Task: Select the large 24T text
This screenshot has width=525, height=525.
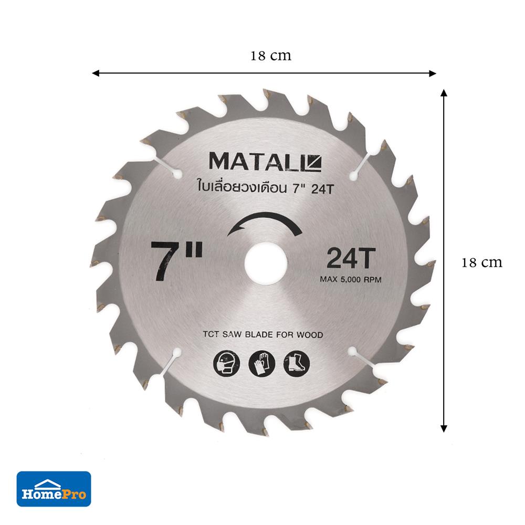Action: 349,259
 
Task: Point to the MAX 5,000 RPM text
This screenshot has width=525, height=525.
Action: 350,280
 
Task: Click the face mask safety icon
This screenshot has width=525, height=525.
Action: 225,362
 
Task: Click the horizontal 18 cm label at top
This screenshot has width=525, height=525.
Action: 271,56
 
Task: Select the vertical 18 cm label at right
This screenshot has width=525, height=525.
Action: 481,262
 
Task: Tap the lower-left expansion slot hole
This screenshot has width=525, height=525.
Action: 177,351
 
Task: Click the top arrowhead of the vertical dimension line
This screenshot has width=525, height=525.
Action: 444,93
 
